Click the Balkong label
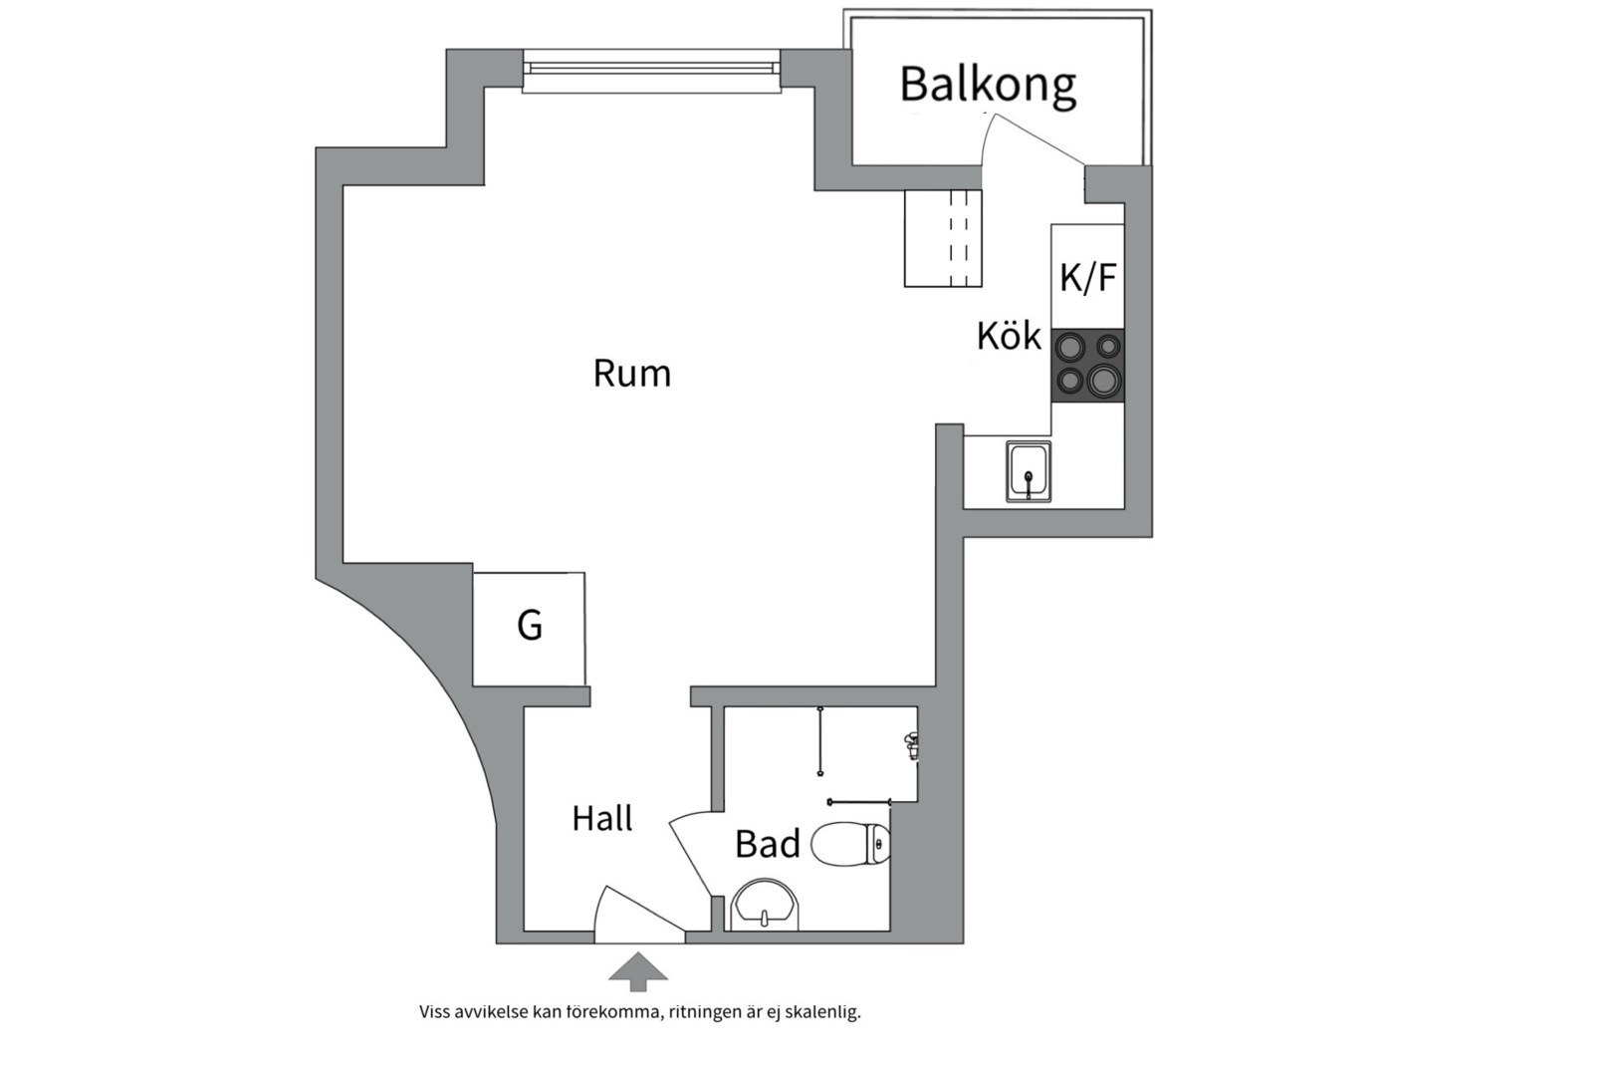(987, 86)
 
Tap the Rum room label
(631, 374)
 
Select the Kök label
(1008, 337)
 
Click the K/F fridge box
(1087, 276)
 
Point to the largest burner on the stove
(1103, 381)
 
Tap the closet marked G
(529, 628)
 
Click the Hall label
(601, 819)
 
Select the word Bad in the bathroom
(767, 845)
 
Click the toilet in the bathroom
(851, 845)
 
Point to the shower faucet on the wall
(910, 744)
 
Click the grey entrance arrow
(637, 971)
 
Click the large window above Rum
(651, 69)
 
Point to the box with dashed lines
(942, 238)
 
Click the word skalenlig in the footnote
(822, 1012)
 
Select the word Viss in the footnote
(434, 1012)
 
